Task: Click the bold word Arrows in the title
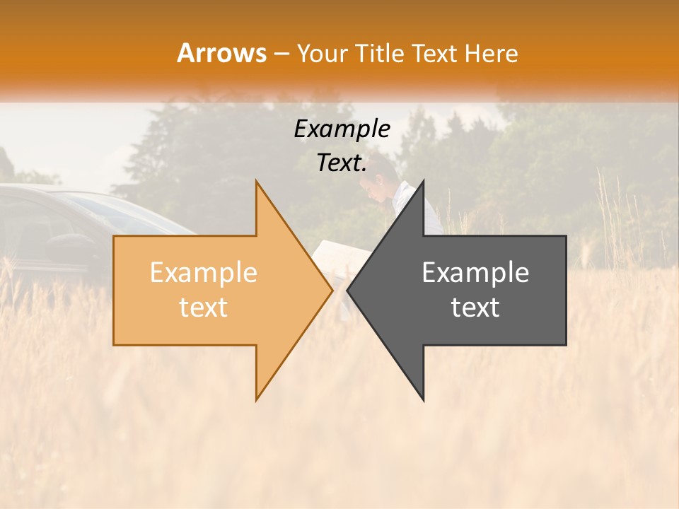[221, 53]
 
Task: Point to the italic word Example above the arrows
[342, 129]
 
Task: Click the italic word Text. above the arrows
[342, 163]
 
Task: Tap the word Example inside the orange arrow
[204, 273]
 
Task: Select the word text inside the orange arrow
[204, 308]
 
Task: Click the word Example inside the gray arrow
[475, 273]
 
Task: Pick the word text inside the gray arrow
[475, 308]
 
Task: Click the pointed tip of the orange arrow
[330, 290]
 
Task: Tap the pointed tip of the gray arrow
[349, 290]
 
